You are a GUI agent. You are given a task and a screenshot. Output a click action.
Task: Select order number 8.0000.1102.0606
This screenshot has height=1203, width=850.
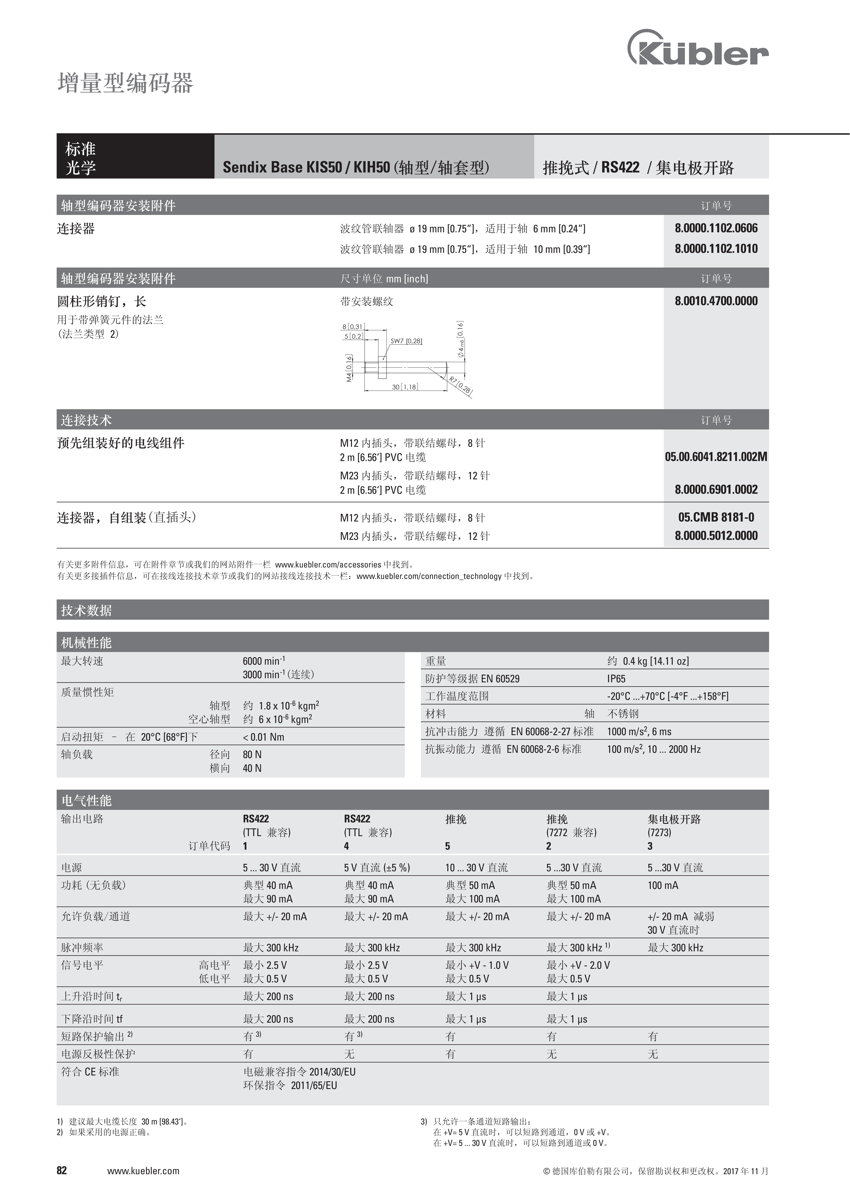pyautogui.click(x=716, y=228)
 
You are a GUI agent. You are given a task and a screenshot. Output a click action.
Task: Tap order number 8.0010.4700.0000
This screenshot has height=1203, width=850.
pyautogui.click(x=716, y=301)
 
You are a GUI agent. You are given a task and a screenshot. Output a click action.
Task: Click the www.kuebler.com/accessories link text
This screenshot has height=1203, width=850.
pyautogui.click(x=328, y=565)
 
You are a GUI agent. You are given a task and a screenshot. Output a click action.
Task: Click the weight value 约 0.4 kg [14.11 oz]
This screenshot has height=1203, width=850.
pyautogui.click(x=648, y=661)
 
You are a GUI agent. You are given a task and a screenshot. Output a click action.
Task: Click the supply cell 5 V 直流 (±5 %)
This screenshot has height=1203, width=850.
pyautogui.click(x=377, y=868)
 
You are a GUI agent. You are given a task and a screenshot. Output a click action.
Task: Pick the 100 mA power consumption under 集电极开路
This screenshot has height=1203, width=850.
pyautogui.click(x=663, y=885)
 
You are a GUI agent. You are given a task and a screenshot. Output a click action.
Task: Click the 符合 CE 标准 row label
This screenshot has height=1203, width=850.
pyautogui.click(x=90, y=1072)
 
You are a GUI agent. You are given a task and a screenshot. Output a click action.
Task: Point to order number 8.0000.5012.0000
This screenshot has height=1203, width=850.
pyautogui.click(x=716, y=535)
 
